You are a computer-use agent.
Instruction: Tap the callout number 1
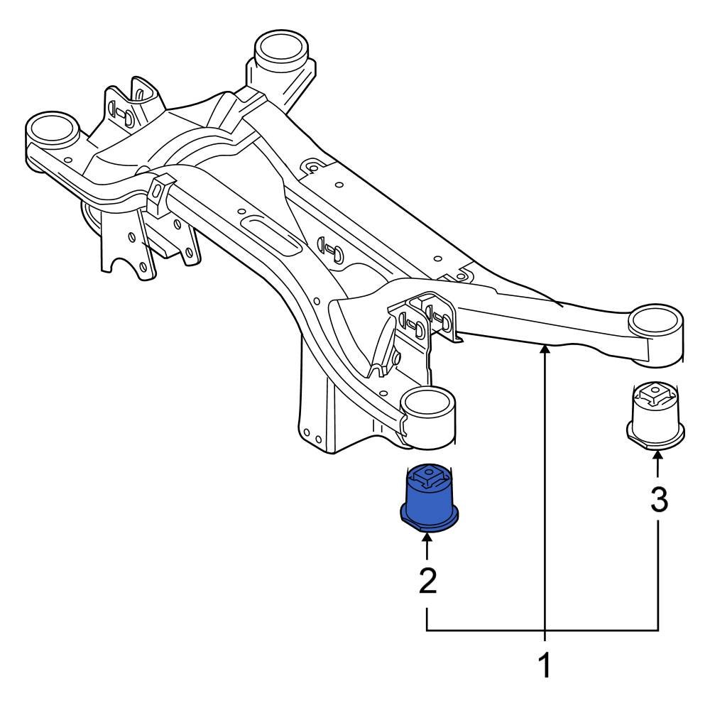pos(544,667)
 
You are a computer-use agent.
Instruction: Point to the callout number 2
pos(427,581)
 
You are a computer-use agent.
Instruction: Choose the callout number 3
pos(659,501)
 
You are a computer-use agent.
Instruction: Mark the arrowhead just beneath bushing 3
pos(658,460)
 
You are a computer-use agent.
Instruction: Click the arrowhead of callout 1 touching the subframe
pos(544,349)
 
